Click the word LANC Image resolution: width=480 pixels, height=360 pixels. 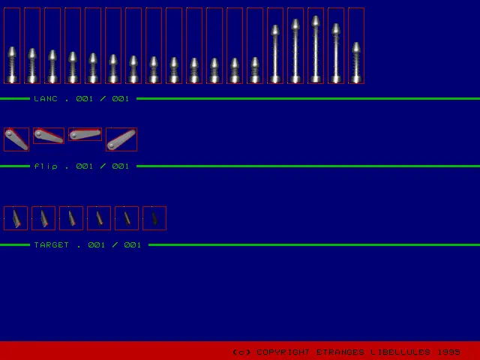click(x=46, y=98)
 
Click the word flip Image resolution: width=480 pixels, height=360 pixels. click(x=46, y=166)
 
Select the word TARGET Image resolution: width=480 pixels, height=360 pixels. click(x=52, y=245)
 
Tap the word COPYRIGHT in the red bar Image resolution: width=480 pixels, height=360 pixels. click(x=283, y=352)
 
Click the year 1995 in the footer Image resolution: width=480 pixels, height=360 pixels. click(x=448, y=352)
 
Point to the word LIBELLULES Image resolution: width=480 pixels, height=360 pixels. click(x=400, y=352)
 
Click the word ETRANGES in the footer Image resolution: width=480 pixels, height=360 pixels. click(x=340, y=352)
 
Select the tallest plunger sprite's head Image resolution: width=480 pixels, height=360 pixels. click(x=316, y=22)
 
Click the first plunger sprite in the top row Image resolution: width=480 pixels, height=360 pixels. click(x=12, y=64)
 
